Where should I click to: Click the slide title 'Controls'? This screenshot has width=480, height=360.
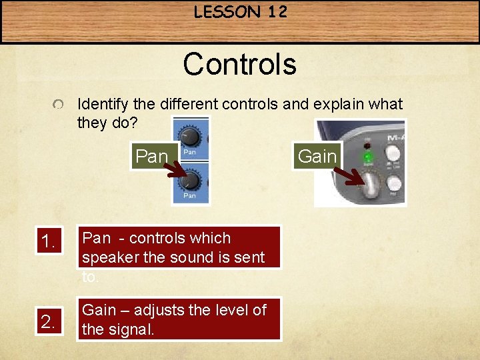click(239, 65)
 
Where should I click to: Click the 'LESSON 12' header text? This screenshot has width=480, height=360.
click(239, 13)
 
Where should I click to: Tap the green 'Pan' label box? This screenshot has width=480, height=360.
click(153, 157)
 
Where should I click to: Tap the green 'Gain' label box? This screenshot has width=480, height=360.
click(317, 157)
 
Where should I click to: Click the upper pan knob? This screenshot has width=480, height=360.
click(191, 136)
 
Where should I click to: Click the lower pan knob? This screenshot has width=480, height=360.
click(191, 179)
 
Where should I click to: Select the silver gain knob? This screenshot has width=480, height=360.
click(370, 187)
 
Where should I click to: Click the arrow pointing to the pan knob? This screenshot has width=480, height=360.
click(177, 174)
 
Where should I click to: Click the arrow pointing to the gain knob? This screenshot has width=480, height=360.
click(349, 177)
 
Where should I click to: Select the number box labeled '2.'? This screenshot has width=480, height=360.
click(49, 322)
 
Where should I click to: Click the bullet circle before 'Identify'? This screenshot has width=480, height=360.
click(59, 105)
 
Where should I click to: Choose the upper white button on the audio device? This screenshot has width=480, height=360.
click(393, 151)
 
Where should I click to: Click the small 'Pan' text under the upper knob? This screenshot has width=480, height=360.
click(189, 152)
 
